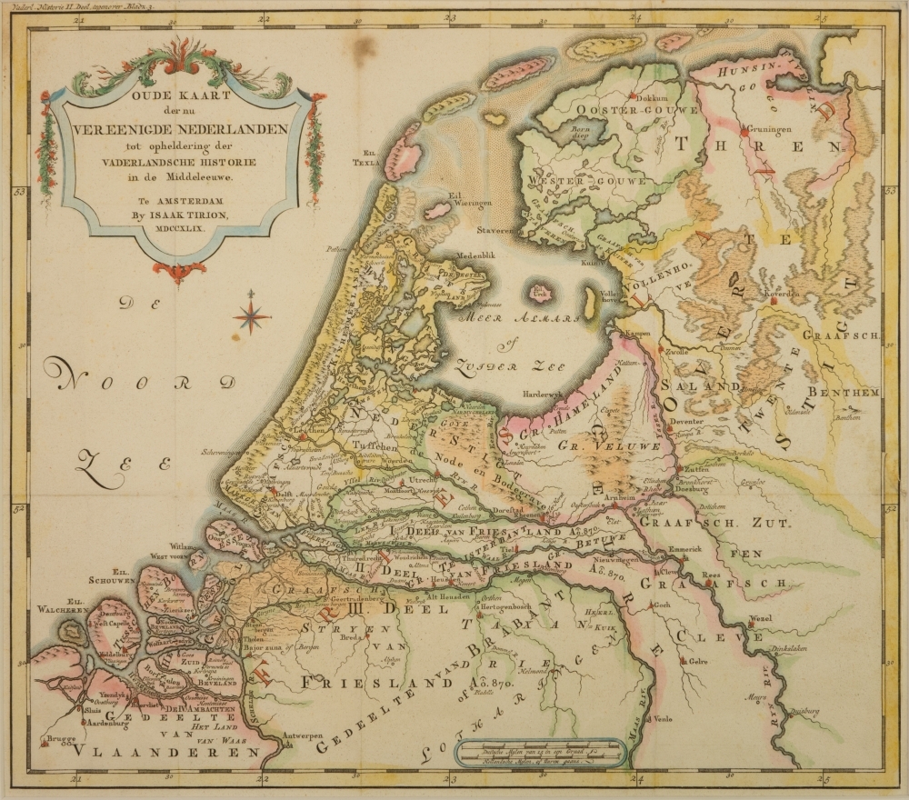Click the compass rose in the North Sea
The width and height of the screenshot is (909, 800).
pyautogui.click(x=252, y=315)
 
